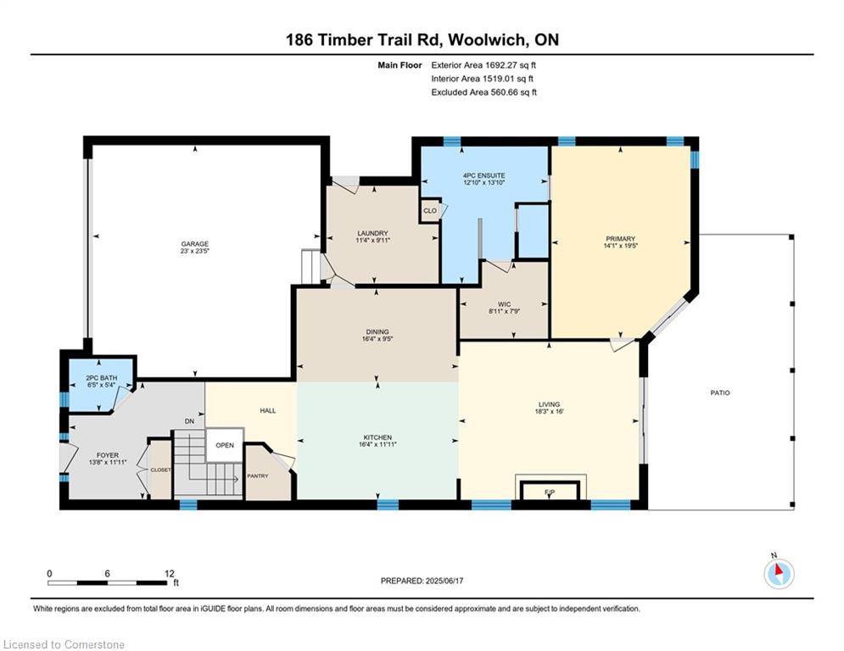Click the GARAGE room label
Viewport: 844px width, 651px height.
click(x=195, y=244)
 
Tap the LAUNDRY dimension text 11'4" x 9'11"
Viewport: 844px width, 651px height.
click(x=372, y=240)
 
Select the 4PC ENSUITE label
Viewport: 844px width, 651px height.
click(x=483, y=175)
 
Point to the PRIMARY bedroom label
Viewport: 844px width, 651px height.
click(x=621, y=238)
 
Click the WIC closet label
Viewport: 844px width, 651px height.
click(x=505, y=304)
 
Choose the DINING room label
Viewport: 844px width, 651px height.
click(x=377, y=332)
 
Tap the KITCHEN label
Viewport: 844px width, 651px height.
click(x=377, y=437)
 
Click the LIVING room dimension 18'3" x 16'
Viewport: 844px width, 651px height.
click(x=549, y=411)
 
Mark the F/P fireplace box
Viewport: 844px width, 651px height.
click(x=550, y=491)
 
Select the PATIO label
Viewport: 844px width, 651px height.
click(x=720, y=392)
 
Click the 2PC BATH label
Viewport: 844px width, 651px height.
click(x=102, y=378)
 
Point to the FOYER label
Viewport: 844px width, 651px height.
click(x=108, y=455)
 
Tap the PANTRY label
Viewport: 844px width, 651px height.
click(x=258, y=476)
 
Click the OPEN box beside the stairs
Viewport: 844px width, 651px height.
click(x=225, y=445)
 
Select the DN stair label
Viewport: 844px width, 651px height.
click(x=189, y=421)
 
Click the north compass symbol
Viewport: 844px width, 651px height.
click(x=779, y=574)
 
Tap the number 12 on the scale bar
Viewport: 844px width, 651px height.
click(x=170, y=574)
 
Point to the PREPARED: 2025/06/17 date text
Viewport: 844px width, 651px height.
click(x=422, y=581)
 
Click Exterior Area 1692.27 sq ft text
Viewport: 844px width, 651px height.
click(x=483, y=65)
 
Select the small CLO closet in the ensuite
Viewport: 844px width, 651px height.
click(x=430, y=211)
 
